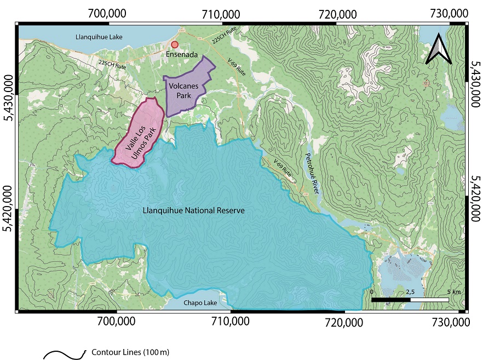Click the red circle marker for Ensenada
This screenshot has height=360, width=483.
[x=175, y=44]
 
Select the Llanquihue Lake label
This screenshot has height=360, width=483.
[x=99, y=37]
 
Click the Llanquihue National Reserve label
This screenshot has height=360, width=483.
[x=193, y=210]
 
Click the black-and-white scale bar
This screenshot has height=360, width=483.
[x=410, y=300]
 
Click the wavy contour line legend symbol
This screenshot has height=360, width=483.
[x=65, y=354]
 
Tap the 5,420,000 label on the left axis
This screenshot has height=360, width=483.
[x=9, y=209]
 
